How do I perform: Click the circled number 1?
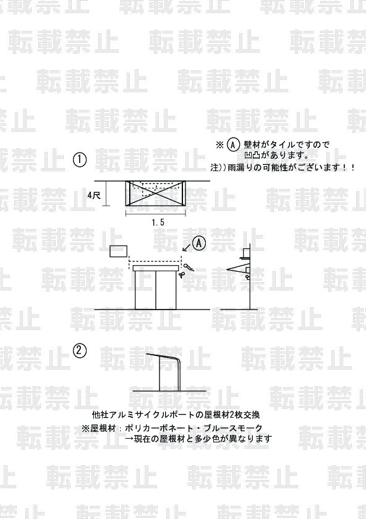80,159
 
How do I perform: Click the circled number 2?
79,350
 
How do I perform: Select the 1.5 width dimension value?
158,222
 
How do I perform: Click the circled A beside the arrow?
199,243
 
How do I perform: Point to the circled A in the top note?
234,145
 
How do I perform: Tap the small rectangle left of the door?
119,251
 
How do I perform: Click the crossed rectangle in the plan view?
155,193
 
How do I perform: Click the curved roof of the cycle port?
164,358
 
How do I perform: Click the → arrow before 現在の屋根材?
129,439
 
